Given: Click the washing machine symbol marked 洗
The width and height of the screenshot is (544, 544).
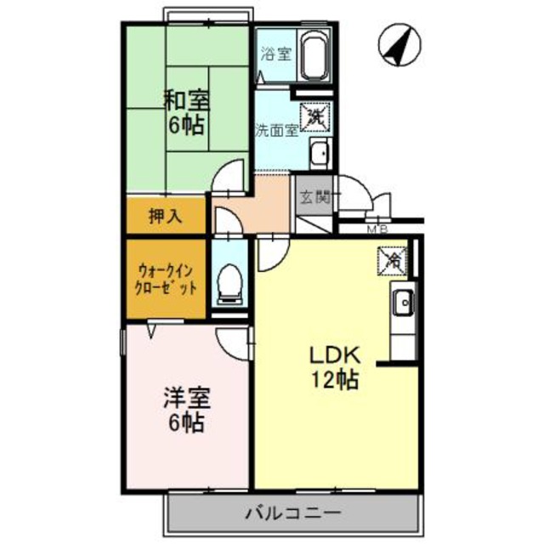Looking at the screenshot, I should click(314, 114).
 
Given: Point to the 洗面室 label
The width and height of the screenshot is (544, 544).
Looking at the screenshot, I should click(276, 132).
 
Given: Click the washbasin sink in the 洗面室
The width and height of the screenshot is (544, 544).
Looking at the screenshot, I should click(320, 155).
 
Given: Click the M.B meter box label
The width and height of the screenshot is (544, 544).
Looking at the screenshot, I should click(377, 229).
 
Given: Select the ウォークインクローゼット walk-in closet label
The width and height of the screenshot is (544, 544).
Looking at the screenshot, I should click(167, 280).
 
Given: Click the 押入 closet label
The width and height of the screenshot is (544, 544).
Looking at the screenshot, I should click(165, 217).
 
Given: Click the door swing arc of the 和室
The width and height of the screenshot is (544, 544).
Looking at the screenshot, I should click(225, 178).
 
